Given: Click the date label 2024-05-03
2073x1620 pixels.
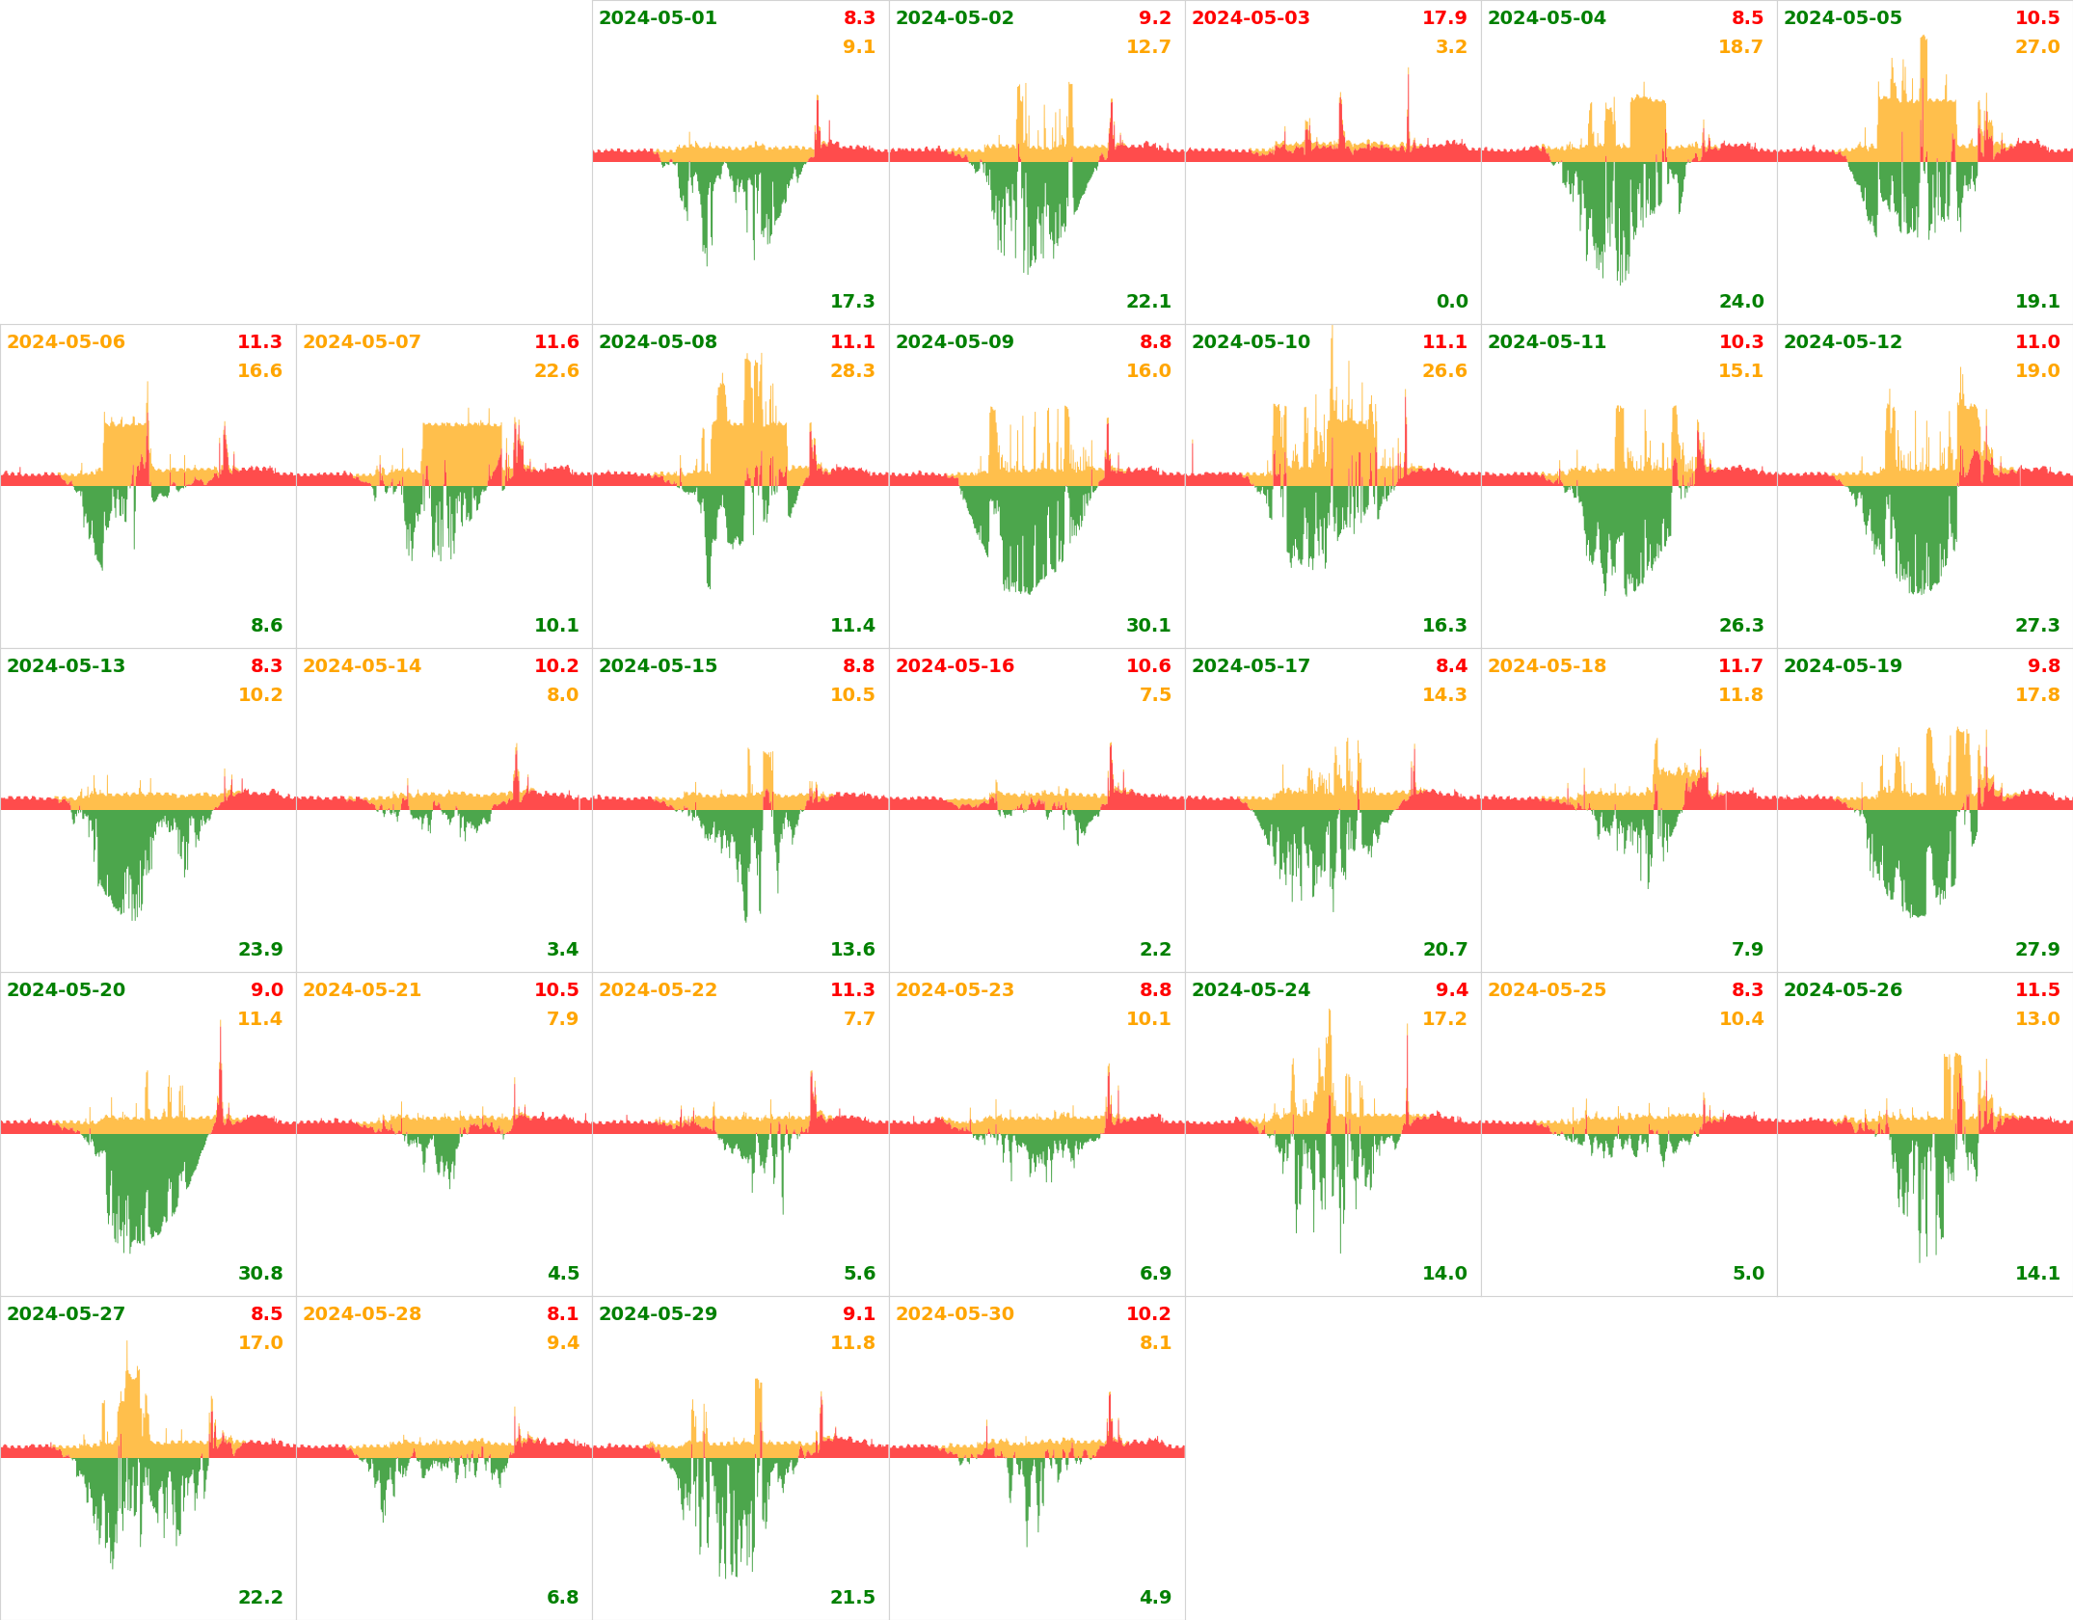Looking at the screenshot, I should click(x=1251, y=18).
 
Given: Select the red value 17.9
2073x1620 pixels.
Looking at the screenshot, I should click(x=1444, y=18).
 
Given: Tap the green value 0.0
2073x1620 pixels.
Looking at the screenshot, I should click(x=1452, y=302).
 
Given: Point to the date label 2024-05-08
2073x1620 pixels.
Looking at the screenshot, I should click(x=658, y=342).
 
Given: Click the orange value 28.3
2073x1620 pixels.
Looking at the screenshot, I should click(x=852, y=371).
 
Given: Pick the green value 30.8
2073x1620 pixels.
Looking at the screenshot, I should click(x=260, y=1274).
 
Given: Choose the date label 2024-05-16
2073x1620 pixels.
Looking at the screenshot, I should click(x=955, y=666).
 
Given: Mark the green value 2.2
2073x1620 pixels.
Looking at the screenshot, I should click(x=1155, y=950).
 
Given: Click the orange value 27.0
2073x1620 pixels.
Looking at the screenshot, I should click(x=2037, y=47).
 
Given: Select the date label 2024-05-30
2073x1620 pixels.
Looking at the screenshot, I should click(x=955, y=1314).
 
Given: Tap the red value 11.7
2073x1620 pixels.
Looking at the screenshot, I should click(x=1740, y=666).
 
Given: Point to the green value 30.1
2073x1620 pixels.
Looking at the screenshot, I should click(x=1148, y=626).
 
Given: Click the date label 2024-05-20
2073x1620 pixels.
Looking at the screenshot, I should click(x=66, y=990).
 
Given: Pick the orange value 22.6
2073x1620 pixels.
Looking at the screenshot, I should click(x=556, y=371).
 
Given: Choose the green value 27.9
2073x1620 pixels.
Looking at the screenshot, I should click(x=2037, y=950).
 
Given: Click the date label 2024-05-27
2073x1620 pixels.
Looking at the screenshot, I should click(x=66, y=1314).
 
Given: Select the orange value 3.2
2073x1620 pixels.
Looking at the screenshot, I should click(x=1451, y=47).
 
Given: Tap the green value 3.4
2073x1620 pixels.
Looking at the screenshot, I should click(x=563, y=950).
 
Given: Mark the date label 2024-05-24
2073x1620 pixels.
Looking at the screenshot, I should click(x=1251, y=990).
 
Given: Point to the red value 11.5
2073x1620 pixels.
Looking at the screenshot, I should click(x=2037, y=990).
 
